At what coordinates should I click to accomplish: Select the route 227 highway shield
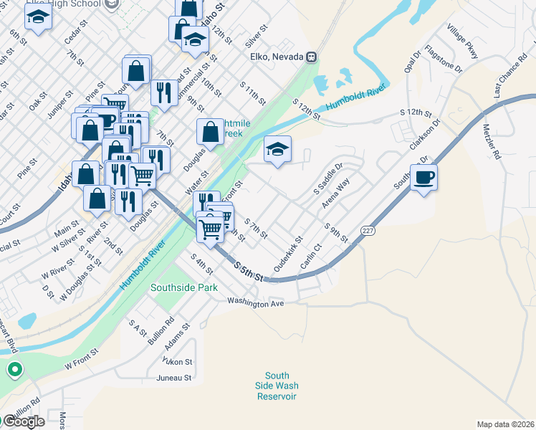click(367, 231)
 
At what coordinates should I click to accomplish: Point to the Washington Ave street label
click(256, 303)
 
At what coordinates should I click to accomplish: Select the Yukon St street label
click(178, 361)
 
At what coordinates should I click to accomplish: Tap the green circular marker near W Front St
click(14, 371)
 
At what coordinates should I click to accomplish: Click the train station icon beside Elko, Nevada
click(312, 57)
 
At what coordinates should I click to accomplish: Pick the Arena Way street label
click(335, 193)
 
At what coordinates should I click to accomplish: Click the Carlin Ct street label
click(310, 256)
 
